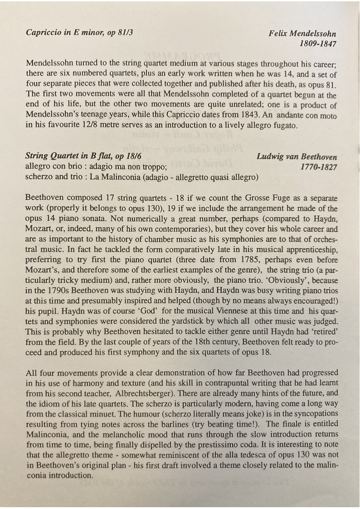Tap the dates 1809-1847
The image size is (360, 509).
pos(318,44)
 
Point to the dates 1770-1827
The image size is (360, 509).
pos(319,167)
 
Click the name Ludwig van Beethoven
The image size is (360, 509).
pos(297,157)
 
